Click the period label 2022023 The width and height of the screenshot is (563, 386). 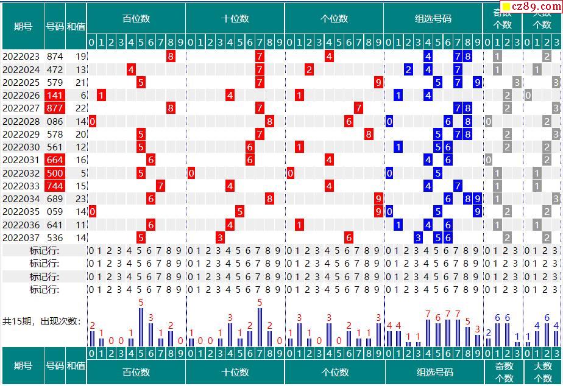21,57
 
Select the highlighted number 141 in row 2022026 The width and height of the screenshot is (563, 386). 54,96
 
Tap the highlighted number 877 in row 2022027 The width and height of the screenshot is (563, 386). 54,108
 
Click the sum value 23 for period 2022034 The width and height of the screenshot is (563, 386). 81,198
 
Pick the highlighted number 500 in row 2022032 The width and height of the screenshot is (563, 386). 54,173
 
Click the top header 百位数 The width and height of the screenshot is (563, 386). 136,18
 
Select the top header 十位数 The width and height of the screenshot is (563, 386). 235,18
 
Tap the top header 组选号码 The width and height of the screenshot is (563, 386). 433,18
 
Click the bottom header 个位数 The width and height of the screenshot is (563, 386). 335,372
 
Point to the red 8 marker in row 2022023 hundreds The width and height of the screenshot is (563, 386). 171,57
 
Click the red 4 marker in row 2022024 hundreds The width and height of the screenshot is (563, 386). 131,69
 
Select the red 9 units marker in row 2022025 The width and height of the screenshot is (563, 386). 378,82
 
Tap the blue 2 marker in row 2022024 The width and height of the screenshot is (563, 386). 408,69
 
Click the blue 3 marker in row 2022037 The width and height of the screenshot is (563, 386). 418,237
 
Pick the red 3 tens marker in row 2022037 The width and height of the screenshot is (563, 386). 220,237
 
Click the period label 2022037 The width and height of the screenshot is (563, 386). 21,237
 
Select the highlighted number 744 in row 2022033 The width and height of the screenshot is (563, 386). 54,186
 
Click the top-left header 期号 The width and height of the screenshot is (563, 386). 23,26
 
